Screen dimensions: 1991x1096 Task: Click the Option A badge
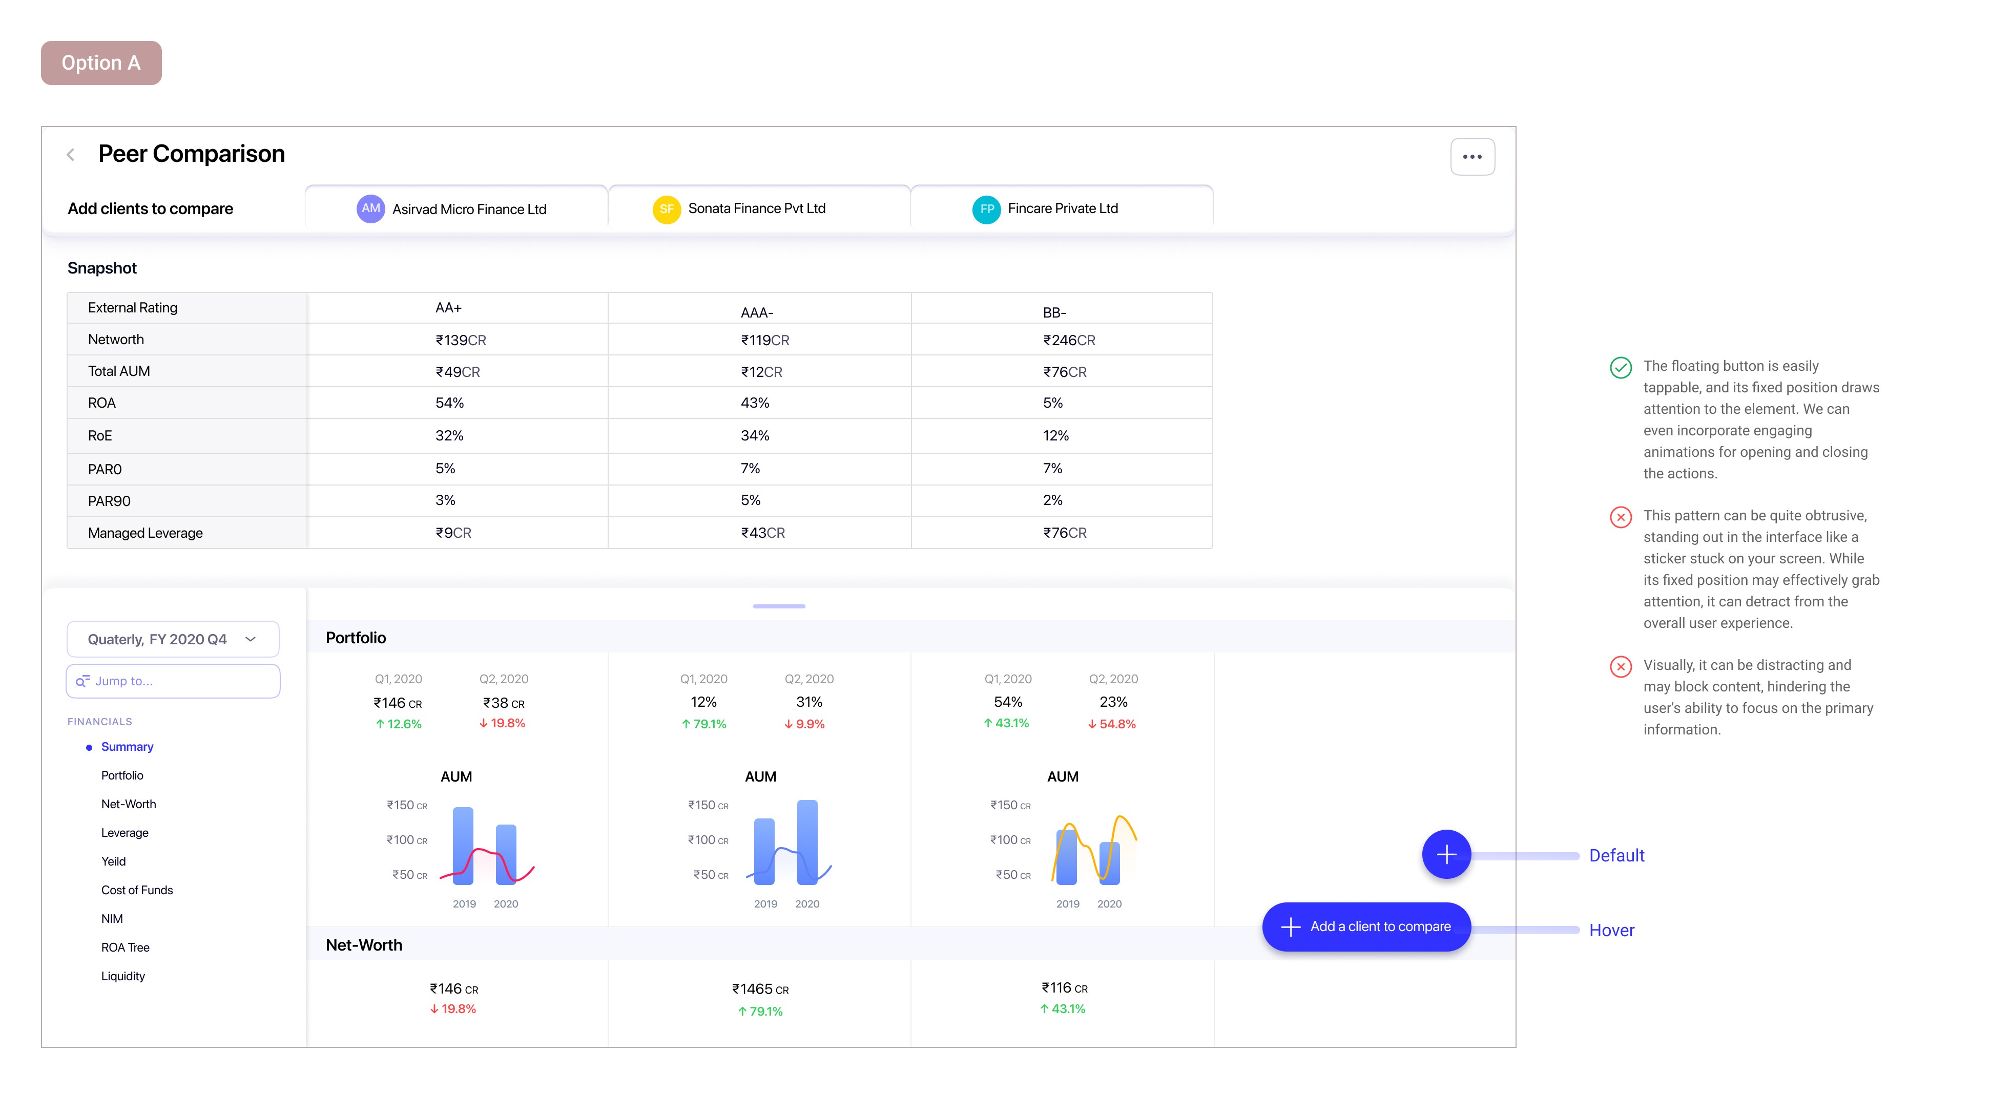101,62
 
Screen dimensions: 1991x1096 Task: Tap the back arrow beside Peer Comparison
70,155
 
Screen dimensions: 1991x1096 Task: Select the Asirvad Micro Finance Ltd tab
456,208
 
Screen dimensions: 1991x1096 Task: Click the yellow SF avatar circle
666,208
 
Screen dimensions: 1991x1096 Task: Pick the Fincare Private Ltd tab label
1062,208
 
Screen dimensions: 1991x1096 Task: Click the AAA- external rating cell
757,312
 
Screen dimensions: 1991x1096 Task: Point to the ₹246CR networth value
1068,340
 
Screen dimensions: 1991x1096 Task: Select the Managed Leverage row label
146,533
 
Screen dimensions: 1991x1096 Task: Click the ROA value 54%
449,403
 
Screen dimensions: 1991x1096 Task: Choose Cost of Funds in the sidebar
137,890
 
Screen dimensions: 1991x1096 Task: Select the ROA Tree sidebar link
125,947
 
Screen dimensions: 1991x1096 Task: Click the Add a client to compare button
1366,926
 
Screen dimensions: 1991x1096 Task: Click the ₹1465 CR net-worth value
760,988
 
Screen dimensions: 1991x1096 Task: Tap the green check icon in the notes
1620,367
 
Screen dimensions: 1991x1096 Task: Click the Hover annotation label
1611,930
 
